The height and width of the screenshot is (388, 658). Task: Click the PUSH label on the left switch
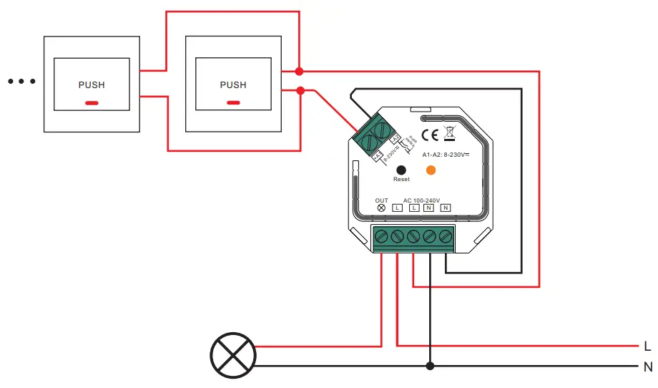pyautogui.click(x=92, y=84)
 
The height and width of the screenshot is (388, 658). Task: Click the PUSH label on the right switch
pyautogui.click(x=233, y=84)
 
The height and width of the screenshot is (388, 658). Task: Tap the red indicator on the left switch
pyautogui.click(x=92, y=103)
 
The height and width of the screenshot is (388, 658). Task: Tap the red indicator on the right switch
pyautogui.click(x=233, y=103)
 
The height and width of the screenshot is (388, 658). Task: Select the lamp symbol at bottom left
pyautogui.click(x=233, y=356)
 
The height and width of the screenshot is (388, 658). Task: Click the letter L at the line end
pyautogui.click(x=647, y=346)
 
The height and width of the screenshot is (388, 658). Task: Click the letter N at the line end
pyautogui.click(x=647, y=367)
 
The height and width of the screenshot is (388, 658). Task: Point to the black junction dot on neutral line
pyautogui.click(x=430, y=367)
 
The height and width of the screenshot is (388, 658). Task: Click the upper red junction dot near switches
pyautogui.click(x=300, y=71)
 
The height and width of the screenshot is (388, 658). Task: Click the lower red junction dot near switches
pyautogui.click(x=300, y=90)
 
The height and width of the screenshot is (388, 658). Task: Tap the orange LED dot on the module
pyautogui.click(x=431, y=170)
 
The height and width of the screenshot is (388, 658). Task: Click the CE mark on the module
pyautogui.click(x=430, y=135)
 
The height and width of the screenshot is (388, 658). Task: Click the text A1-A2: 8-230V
pyautogui.click(x=445, y=154)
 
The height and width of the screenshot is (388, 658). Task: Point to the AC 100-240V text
pyautogui.click(x=421, y=200)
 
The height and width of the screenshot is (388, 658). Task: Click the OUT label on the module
pyautogui.click(x=381, y=200)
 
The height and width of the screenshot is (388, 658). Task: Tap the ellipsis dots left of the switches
pyautogui.click(x=21, y=82)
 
